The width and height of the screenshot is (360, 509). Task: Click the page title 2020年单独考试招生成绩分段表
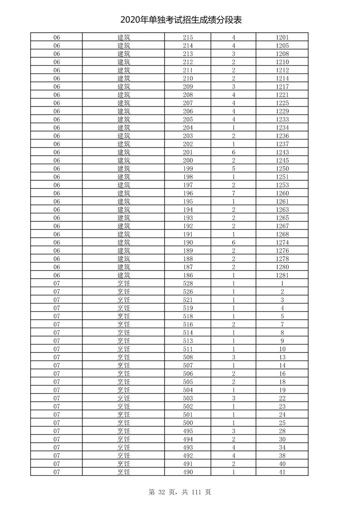(x=181, y=20)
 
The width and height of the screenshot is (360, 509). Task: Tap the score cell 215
(x=188, y=37)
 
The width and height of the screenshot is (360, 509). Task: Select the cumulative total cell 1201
(x=282, y=37)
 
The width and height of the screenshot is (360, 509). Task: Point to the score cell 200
(x=188, y=160)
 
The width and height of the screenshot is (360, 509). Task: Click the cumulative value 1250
(x=282, y=169)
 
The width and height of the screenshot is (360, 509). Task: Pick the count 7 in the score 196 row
(x=233, y=193)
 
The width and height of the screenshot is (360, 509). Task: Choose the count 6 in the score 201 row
(x=233, y=152)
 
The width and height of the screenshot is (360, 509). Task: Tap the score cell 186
(x=188, y=275)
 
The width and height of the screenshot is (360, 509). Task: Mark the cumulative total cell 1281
(x=282, y=275)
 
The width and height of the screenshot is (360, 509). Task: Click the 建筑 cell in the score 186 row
(x=124, y=275)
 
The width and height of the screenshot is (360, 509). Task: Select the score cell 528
(x=188, y=284)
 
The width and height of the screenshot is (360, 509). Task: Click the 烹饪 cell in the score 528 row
(x=124, y=284)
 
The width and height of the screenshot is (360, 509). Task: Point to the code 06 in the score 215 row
(x=57, y=37)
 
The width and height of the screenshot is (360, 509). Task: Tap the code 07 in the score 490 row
(x=57, y=472)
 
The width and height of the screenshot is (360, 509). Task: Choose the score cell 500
(x=188, y=423)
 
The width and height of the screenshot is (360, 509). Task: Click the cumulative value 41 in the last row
(x=282, y=472)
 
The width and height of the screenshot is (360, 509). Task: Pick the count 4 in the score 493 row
(x=233, y=447)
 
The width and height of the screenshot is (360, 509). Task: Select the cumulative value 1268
(x=282, y=234)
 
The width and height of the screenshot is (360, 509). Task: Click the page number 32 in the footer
(x=162, y=492)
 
